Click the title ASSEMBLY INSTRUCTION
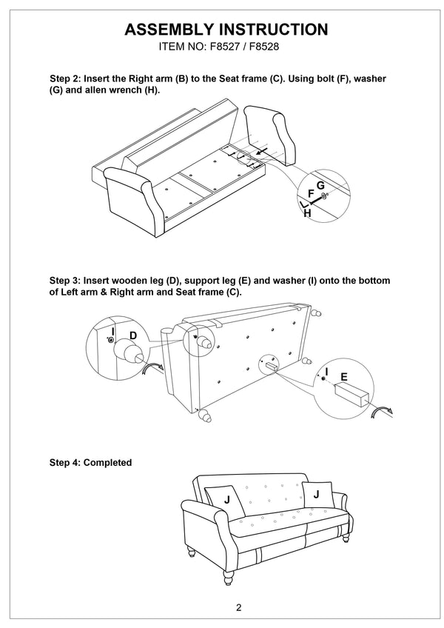pos(226,30)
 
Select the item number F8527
pos(222,47)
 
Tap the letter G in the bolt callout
pos(320,185)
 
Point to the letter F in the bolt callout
pos(311,194)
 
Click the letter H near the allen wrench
pos(308,213)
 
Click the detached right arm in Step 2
pos(270,135)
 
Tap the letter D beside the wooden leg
pos(133,335)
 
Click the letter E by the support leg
pos(344,377)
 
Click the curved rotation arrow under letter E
pos(382,412)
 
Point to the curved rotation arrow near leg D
pos(153,368)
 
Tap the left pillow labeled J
pos(225,501)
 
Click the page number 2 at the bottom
pos(238,607)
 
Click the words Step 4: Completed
pos(90,463)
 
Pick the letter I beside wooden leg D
pos(113,332)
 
